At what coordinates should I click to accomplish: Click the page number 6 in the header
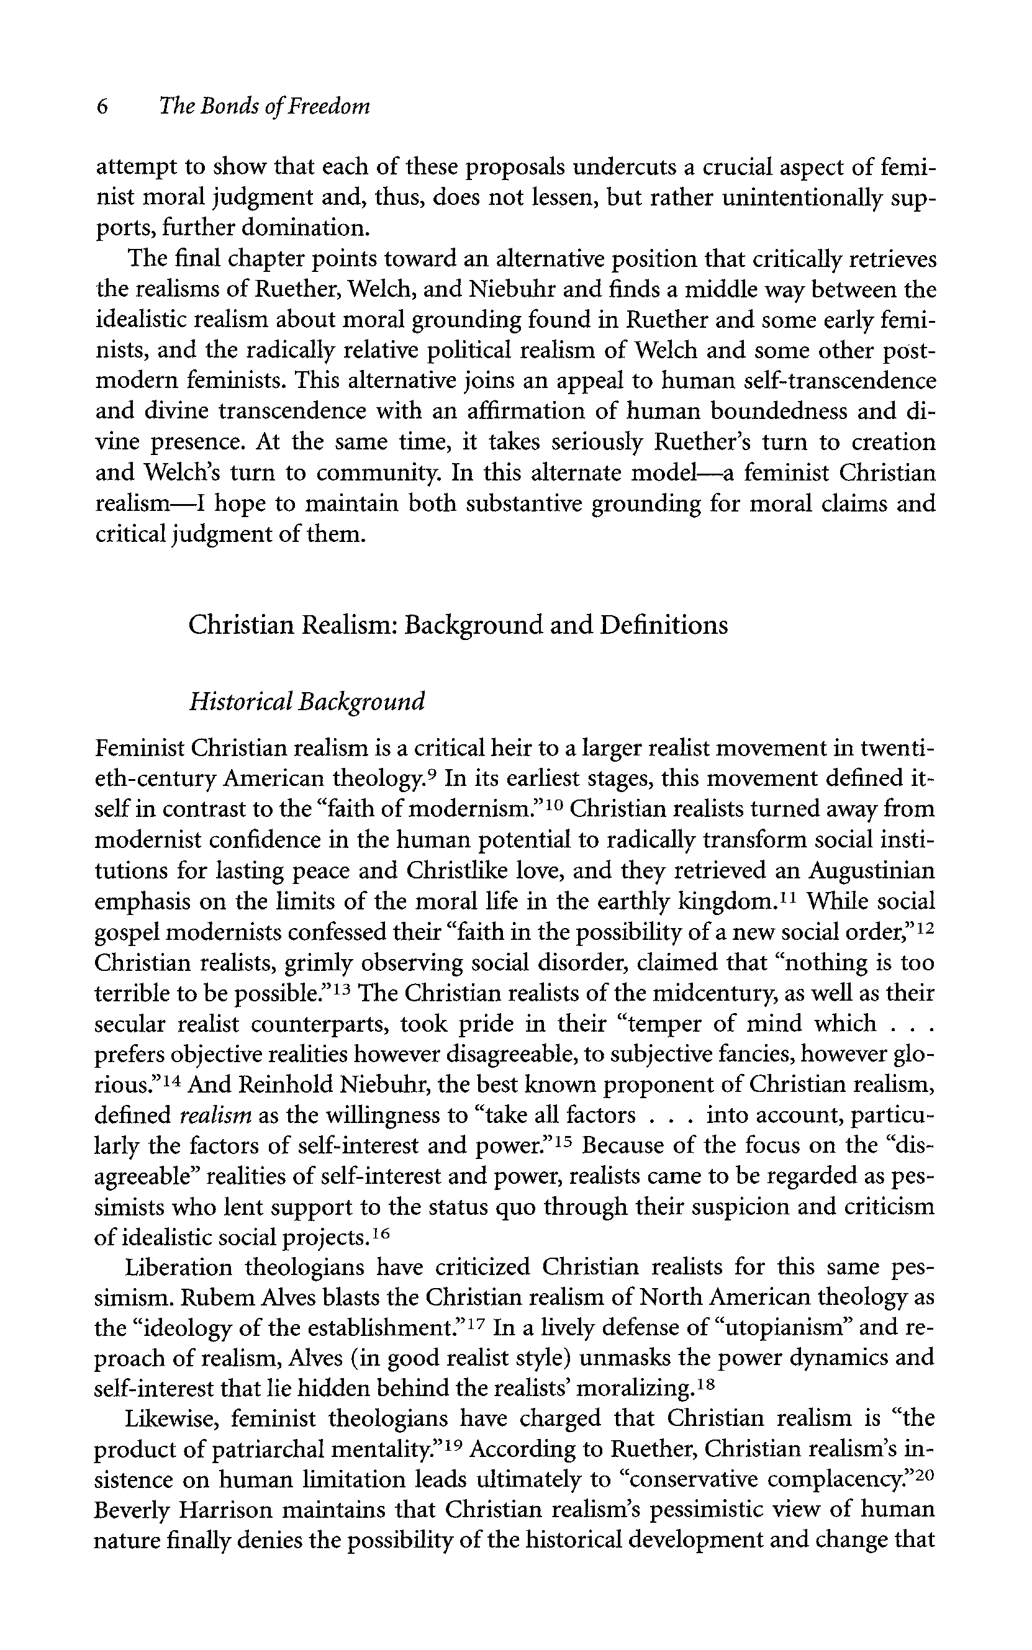102,107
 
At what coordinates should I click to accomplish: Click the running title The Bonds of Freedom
264,107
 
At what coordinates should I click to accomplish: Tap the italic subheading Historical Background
307,701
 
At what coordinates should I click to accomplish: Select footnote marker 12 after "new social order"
924,927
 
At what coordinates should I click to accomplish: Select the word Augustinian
872,872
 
